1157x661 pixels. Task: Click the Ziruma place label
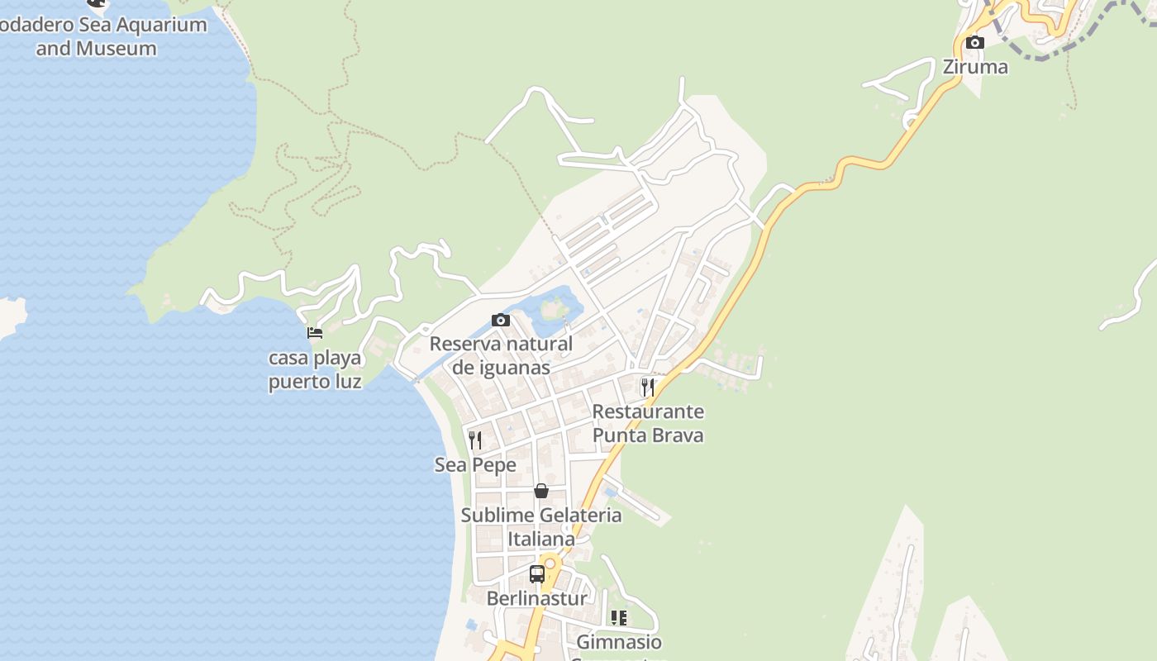pyautogui.click(x=975, y=67)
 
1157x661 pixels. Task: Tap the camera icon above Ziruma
pyautogui.click(x=975, y=42)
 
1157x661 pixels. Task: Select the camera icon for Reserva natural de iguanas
pyautogui.click(x=500, y=320)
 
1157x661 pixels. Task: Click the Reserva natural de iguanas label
pyautogui.click(x=501, y=355)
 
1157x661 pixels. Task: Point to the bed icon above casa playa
pyautogui.click(x=315, y=333)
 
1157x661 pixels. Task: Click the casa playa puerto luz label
pyautogui.click(x=315, y=369)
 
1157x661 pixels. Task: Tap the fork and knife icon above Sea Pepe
pyautogui.click(x=475, y=440)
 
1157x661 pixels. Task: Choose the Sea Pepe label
pyautogui.click(x=475, y=465)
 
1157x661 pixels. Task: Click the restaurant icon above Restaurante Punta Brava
pyautogui.click(x=648, y=387)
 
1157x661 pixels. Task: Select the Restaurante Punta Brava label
pyautogui.click(x=648, y=423)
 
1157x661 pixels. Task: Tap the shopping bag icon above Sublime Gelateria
pyautogui.click(x=541, y=491)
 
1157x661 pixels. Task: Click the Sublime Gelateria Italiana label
pyautogui.click(x=541, y=526)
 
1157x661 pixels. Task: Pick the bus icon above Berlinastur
pyautogui.click(x=536, y=573)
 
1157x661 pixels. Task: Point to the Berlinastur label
pyautogui.click(x=536, y=598)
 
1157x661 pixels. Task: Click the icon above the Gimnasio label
pyautogui.click(x=619, y=617)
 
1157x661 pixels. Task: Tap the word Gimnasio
pyautogui.click(x=619, y=642)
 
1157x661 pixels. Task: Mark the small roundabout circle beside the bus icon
pyautogui.click(x=550, y=564)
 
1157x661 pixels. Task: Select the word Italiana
pyautogui.click(x=541, y=539)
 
